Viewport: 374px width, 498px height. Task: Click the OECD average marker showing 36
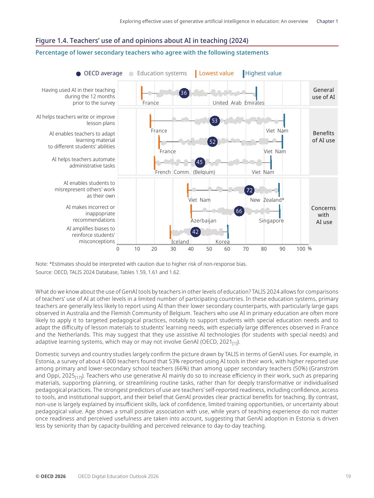(x=184, y=93)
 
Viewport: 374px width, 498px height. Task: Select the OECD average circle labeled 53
(x=215, y=121)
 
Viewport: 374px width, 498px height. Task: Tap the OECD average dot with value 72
(x=249, y=190)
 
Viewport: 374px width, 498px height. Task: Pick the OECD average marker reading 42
(x=195, y=232)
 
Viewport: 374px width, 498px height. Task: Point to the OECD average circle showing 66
(x=239, y=211)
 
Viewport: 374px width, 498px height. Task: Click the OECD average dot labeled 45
(x=199, y=162)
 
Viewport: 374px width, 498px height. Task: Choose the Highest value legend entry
(x=263, y=73)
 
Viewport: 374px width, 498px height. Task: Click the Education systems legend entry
(x=162, y=73)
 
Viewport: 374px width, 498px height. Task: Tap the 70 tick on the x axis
(x=246, y=249)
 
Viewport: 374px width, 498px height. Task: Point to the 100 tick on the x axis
(x=301, y=249)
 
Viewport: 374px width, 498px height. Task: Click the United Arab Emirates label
(x=238, y=103)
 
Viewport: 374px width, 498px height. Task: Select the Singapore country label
(x=271, y=221)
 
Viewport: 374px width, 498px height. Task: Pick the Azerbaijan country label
(x=203, y=221)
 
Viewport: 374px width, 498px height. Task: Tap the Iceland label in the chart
(x=180, y=242)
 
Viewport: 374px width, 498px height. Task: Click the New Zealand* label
(x=267, y=200)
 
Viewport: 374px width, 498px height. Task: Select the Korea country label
(x=222, y=242)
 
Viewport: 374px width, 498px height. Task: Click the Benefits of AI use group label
(x=323, y=137)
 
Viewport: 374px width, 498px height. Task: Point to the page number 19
(x=348, y=477)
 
